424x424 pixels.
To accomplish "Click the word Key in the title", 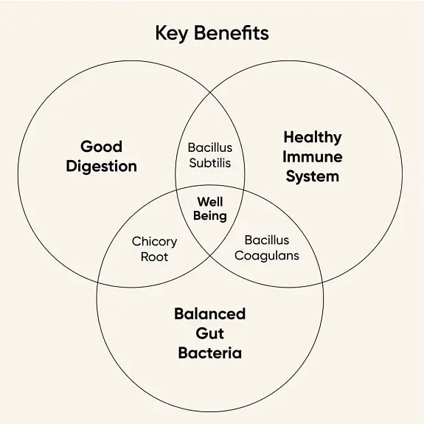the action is [x=171, y=33].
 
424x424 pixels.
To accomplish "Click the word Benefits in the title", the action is [x=232, y=32].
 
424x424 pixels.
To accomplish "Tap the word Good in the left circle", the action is [x=102, y=147].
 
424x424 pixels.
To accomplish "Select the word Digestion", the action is [x=102, y=167].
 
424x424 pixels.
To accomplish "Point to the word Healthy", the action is [x=313, y=138].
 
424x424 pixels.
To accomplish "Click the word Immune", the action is [x=313, y=157].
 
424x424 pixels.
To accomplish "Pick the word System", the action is [x=313, y=177].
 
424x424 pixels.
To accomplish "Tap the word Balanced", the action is [x=210, y=313].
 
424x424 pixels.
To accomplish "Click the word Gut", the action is [x=210, y=333].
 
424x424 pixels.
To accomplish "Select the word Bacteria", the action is [x=210, y=353].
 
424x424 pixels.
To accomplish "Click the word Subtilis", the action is [x=210, y=163].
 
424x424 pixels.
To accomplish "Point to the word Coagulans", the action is [x=267, y=256].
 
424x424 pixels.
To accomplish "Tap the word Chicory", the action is [x=154, y=242].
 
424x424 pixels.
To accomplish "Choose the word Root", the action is [x=154, y=257].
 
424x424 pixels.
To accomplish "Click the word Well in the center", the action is [x=210, y=202].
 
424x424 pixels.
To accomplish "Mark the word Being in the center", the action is [x=210, y=216].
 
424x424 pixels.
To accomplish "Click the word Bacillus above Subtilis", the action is [x=210, y=147].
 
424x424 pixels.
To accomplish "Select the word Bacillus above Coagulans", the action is [x=267, y=240].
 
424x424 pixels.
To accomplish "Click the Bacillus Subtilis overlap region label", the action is [x=210, y=156].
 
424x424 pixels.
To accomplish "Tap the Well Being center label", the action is [x=210, y=209].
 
